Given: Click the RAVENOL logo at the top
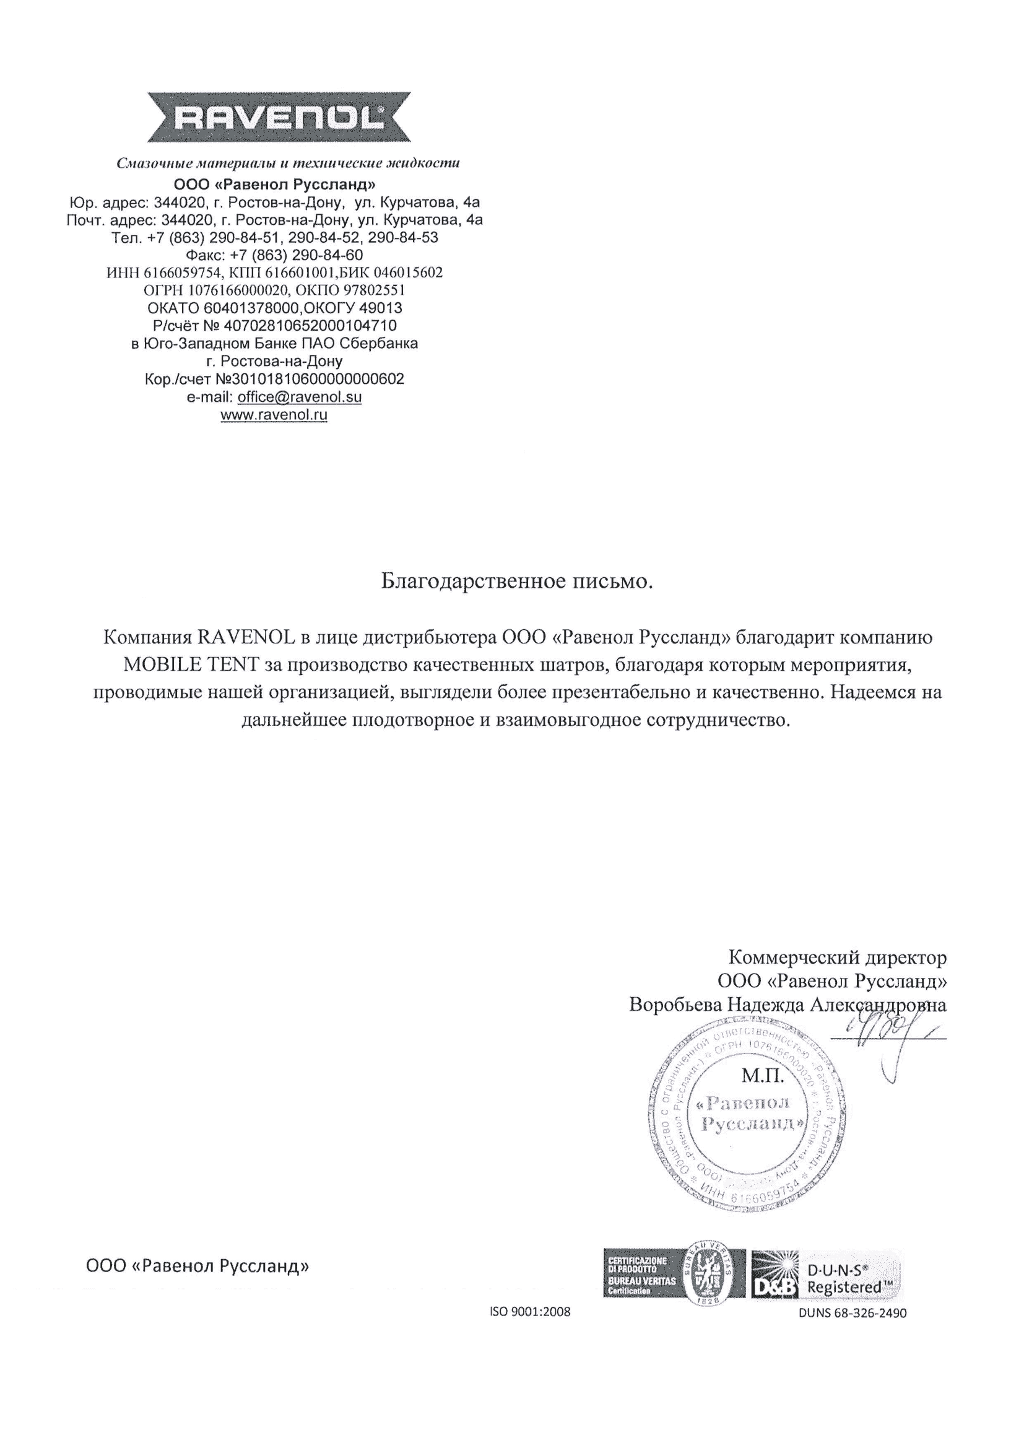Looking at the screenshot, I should pos(279,117).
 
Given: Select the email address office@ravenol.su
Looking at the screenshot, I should pos(300,398).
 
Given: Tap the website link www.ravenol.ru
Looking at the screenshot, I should pos(274,415).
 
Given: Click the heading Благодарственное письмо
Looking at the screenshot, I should pos(516,581).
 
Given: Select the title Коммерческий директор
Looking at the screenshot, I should pos(838,957).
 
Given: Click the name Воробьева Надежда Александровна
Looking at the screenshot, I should pos(788,1005).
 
